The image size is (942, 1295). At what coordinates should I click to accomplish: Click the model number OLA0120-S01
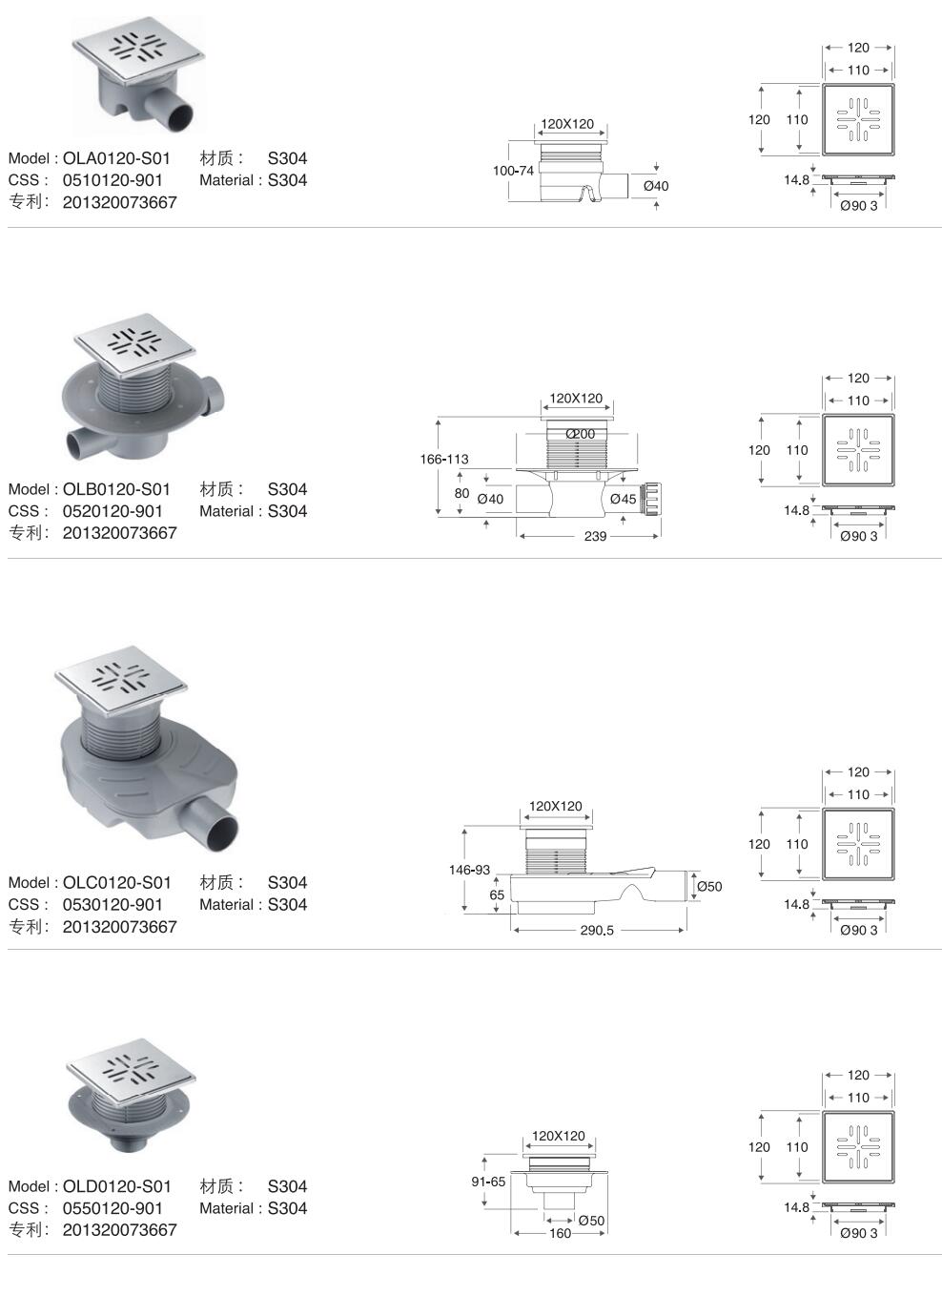click(x=116, y=158)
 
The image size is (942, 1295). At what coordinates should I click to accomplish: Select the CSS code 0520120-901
click(x=113, y=511)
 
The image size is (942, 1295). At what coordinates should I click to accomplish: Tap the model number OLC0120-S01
click(x=116, y=883)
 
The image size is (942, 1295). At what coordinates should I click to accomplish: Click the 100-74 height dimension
click(x=513, y=171)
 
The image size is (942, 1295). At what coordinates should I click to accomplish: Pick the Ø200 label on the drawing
click(x=581, y=434)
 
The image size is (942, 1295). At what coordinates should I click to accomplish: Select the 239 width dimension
click(x=595, y=537)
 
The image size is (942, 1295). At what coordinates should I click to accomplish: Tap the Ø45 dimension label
click(x=623, y=499)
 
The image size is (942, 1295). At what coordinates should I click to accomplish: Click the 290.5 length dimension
click(x=597, y=930)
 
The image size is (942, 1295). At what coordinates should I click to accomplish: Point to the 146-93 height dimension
click(x=469, y=870)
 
